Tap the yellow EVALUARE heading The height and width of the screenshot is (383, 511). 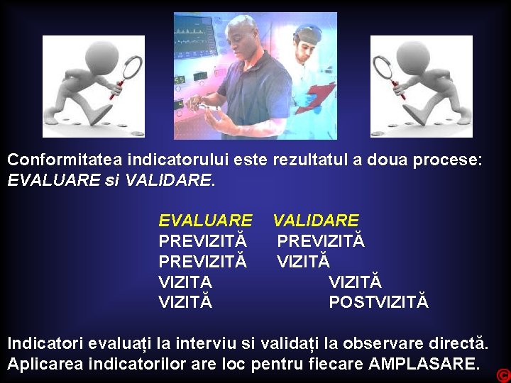pos(205,221)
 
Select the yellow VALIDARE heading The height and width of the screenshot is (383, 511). pos(316,221)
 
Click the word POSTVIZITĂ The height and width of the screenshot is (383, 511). pos(378,302)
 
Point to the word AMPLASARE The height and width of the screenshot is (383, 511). pos(424,365)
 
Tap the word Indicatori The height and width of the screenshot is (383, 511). pos(45,344)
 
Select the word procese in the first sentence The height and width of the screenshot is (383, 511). pos(451,160)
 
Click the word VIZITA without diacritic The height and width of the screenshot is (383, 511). pos(185,282)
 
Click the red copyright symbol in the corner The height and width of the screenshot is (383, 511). pos(503,374)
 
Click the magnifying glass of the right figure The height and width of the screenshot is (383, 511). pos(386,67)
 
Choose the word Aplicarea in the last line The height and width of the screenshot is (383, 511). pos(40,365)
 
